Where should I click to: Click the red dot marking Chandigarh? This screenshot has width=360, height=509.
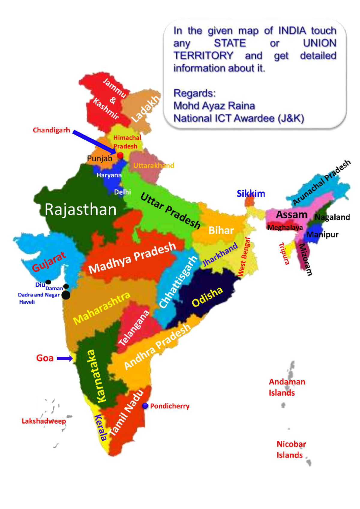click(x=120, y=156)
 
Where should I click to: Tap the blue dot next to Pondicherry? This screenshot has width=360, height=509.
click(x=145, y=406)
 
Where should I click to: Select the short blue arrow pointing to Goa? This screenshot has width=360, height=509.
click(x=65, y=359)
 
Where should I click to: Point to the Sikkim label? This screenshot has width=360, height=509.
click(x=251, y=194)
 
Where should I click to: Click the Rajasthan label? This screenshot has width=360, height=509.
click(x=80, y=210)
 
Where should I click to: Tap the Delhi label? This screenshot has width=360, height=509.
click(x=122, y=192)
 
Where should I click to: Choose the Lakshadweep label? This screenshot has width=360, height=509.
click(x=44, y=421)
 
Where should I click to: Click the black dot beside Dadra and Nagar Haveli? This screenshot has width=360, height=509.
click(x=66, y=295)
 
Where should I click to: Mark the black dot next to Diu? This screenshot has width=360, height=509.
click(x=48, y=282)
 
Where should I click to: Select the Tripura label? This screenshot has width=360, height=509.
click(x=284, y=254)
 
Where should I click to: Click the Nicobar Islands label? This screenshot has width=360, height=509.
click(x=291, y=449)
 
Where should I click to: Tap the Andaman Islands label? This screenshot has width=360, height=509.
click(x=286, y=387)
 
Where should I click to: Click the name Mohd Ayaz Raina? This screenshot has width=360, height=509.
click(x=214, y=106)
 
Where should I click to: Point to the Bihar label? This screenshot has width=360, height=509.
click(x=221, y=230)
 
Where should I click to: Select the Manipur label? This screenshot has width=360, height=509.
click(x=322, y=234)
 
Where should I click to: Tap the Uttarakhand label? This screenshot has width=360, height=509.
click(x=154, y=165)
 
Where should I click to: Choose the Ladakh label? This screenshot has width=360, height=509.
click(x=146, y=109)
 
